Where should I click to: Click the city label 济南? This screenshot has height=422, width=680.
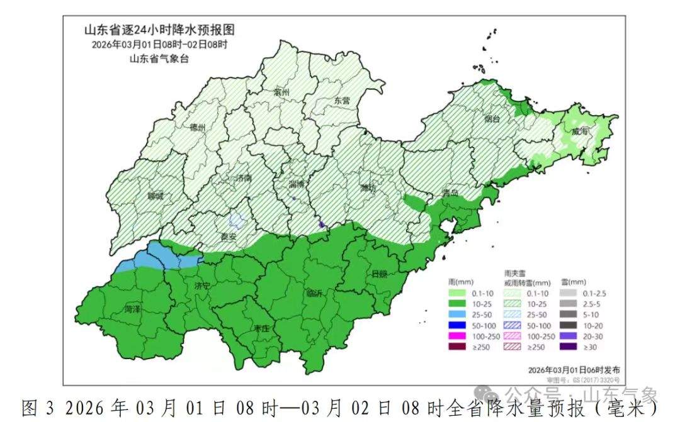242,179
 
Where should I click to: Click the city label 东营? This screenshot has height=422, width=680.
342,101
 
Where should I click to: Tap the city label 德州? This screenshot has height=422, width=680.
198,128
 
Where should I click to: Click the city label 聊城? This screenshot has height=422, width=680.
155,196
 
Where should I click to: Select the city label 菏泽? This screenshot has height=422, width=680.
133,309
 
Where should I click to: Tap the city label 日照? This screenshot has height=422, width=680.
380,274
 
